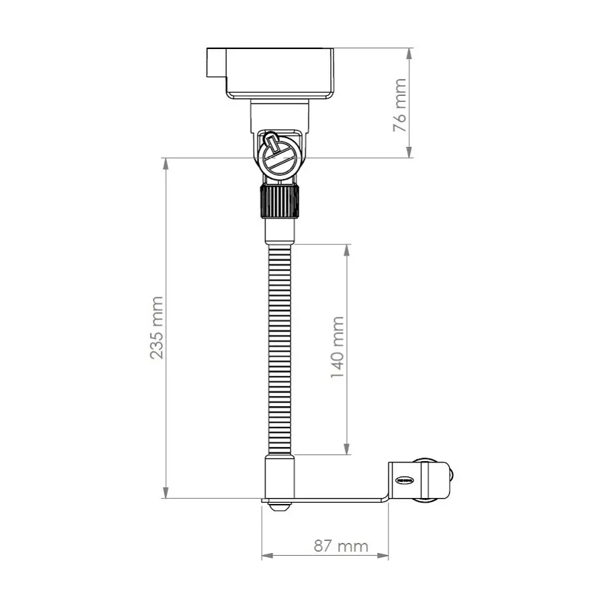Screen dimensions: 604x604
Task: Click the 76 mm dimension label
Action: (400, 104)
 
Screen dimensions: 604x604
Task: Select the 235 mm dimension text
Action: (156, 328)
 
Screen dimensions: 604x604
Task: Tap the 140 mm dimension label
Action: (338, 348)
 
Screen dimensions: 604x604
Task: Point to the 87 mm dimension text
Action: (341, 546)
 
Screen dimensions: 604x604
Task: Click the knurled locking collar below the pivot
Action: (279, 201)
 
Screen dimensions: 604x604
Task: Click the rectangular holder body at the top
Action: (280, 72)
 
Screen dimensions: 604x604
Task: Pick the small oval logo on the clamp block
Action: (405, 481)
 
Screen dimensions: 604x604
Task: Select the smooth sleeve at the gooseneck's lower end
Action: (279, 476)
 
